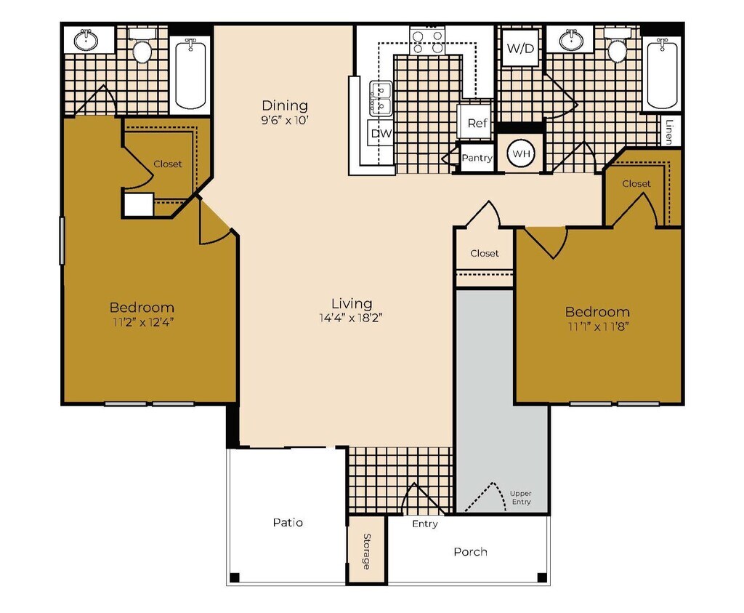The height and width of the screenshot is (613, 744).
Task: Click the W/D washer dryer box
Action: click(x=520, y=49)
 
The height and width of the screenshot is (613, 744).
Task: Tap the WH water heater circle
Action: click(x=520, y=154)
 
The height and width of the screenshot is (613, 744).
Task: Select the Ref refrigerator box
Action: click(x=477, y=122)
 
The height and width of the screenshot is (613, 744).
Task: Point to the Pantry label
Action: click(x=477, y=158)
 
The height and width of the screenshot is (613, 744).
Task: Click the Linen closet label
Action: click(x=668, y=131)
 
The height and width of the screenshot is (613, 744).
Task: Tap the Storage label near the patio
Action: click(x=366, y=550)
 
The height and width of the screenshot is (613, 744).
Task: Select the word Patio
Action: click(x=288, y=522)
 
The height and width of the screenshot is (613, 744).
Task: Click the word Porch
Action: click(x=470, y=551)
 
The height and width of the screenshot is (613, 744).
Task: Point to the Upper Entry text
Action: click(x=520, y=497)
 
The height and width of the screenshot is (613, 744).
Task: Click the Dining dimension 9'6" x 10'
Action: click(x=285, y=121)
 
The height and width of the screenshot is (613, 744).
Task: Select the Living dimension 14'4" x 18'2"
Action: click(x=352, y=318)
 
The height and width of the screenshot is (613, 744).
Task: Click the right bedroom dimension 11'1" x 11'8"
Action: click(x=597, y=326)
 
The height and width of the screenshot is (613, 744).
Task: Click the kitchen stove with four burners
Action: click(x=427, y=41)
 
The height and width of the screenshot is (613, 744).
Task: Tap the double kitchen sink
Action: click(x=381, y=98)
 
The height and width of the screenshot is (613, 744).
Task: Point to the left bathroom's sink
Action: click(x=86, y=39)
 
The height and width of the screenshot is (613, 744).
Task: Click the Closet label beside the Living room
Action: click(x=484, y=253)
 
